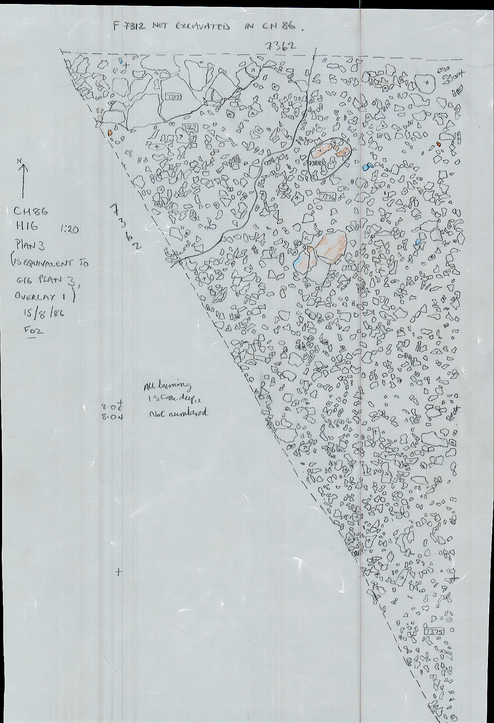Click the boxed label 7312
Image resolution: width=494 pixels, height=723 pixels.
173,97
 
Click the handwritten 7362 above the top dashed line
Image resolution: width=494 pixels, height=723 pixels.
280,46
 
